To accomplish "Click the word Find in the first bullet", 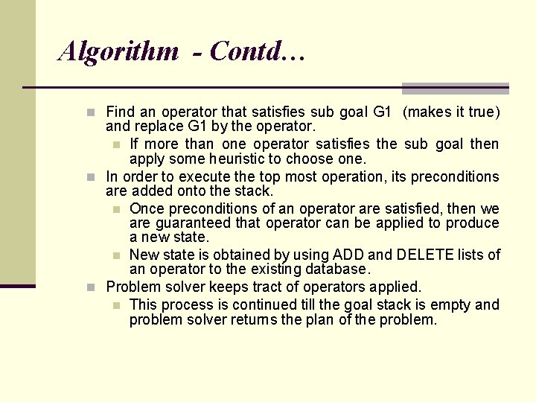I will pyautogui.click(x=121, y=112).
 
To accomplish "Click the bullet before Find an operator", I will pyautogui.click(x=90, y=113).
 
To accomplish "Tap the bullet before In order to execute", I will pyautogui.click(x=90, y=177).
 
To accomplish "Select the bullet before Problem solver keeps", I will pyautogui.click(x=90, y=287).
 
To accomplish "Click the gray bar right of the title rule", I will pyautogui.click(x=455, y=88).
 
